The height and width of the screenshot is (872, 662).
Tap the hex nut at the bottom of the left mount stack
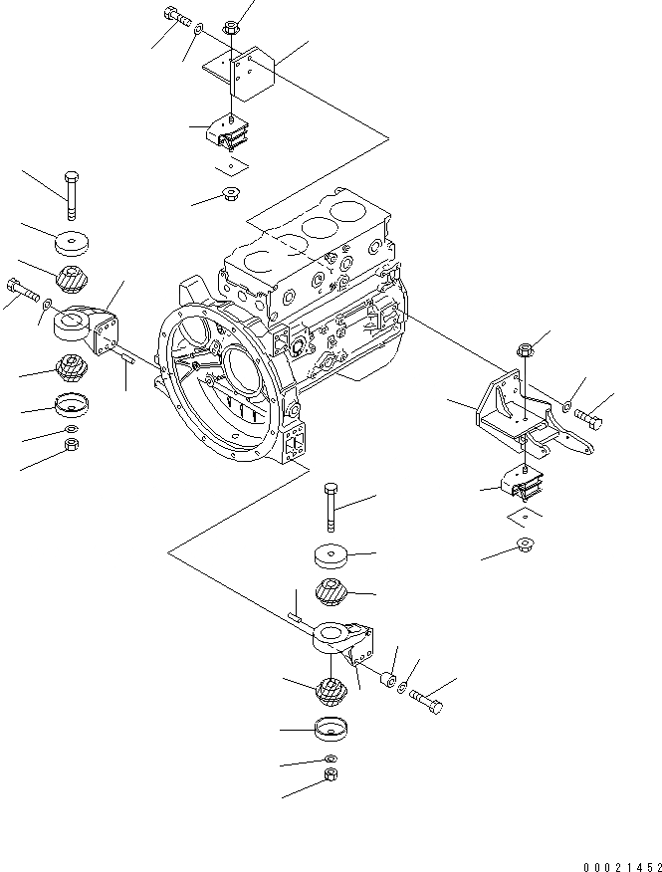pos(72,444)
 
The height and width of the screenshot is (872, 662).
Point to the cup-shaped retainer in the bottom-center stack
pos(330,730)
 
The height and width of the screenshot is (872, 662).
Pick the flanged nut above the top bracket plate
pos(231,27)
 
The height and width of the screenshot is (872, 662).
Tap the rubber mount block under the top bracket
pos(229,132)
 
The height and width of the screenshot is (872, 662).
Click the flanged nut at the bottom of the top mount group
pos(229,192)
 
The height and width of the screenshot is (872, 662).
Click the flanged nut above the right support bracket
pos(525,349)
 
